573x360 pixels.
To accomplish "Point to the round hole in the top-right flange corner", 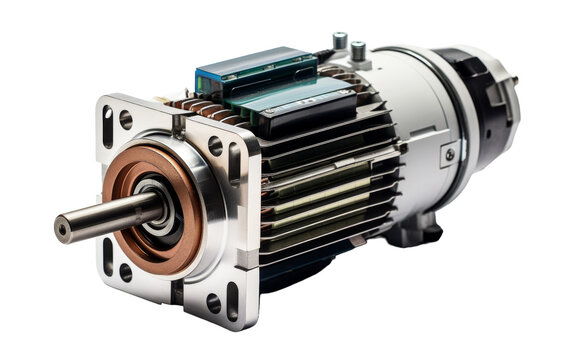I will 215,146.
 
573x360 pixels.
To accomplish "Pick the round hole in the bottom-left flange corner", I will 126,271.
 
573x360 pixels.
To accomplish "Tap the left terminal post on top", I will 340,41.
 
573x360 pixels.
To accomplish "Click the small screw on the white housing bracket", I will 450,155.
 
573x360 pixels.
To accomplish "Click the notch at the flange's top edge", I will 178,123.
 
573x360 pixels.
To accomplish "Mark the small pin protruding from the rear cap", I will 515,79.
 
